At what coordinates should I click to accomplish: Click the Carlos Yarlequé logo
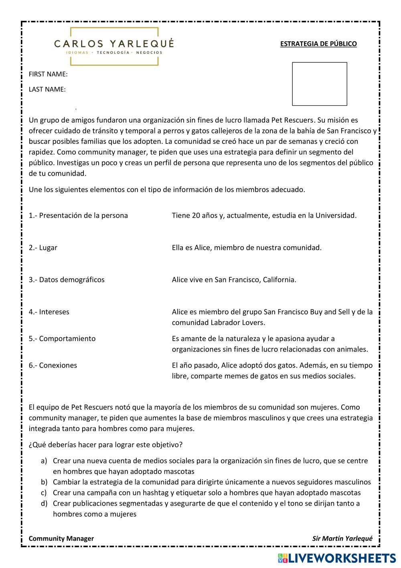(x=114, y=46)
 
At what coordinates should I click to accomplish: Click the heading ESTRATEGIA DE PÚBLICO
(x=318, y=44)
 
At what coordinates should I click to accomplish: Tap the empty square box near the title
(x=319, y=84)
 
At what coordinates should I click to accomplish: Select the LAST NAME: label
(x=47, y=89)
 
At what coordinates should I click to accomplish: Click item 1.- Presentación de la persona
(x=78, y=215)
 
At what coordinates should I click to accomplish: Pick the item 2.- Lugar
(x=43, y=247)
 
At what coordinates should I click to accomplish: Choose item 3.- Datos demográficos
(x=67, y=280)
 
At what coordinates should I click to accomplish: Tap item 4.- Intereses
(x=49, y=312)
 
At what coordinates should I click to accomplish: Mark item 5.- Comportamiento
(x=62, y=339)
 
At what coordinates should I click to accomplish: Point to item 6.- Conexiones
(x=53, y=365)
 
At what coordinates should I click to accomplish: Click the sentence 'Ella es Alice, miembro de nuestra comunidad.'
(x=247, y=247)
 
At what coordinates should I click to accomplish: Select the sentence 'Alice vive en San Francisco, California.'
(x=234, y=280)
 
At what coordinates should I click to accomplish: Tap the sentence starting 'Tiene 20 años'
(x=264, y=215)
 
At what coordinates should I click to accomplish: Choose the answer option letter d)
(x=44, y=503)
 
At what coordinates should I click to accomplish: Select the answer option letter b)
(x=44, y=482)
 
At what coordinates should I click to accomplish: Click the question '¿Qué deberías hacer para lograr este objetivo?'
(x=106, y=445)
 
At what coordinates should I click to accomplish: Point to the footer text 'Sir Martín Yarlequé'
(x=342, y=539)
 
